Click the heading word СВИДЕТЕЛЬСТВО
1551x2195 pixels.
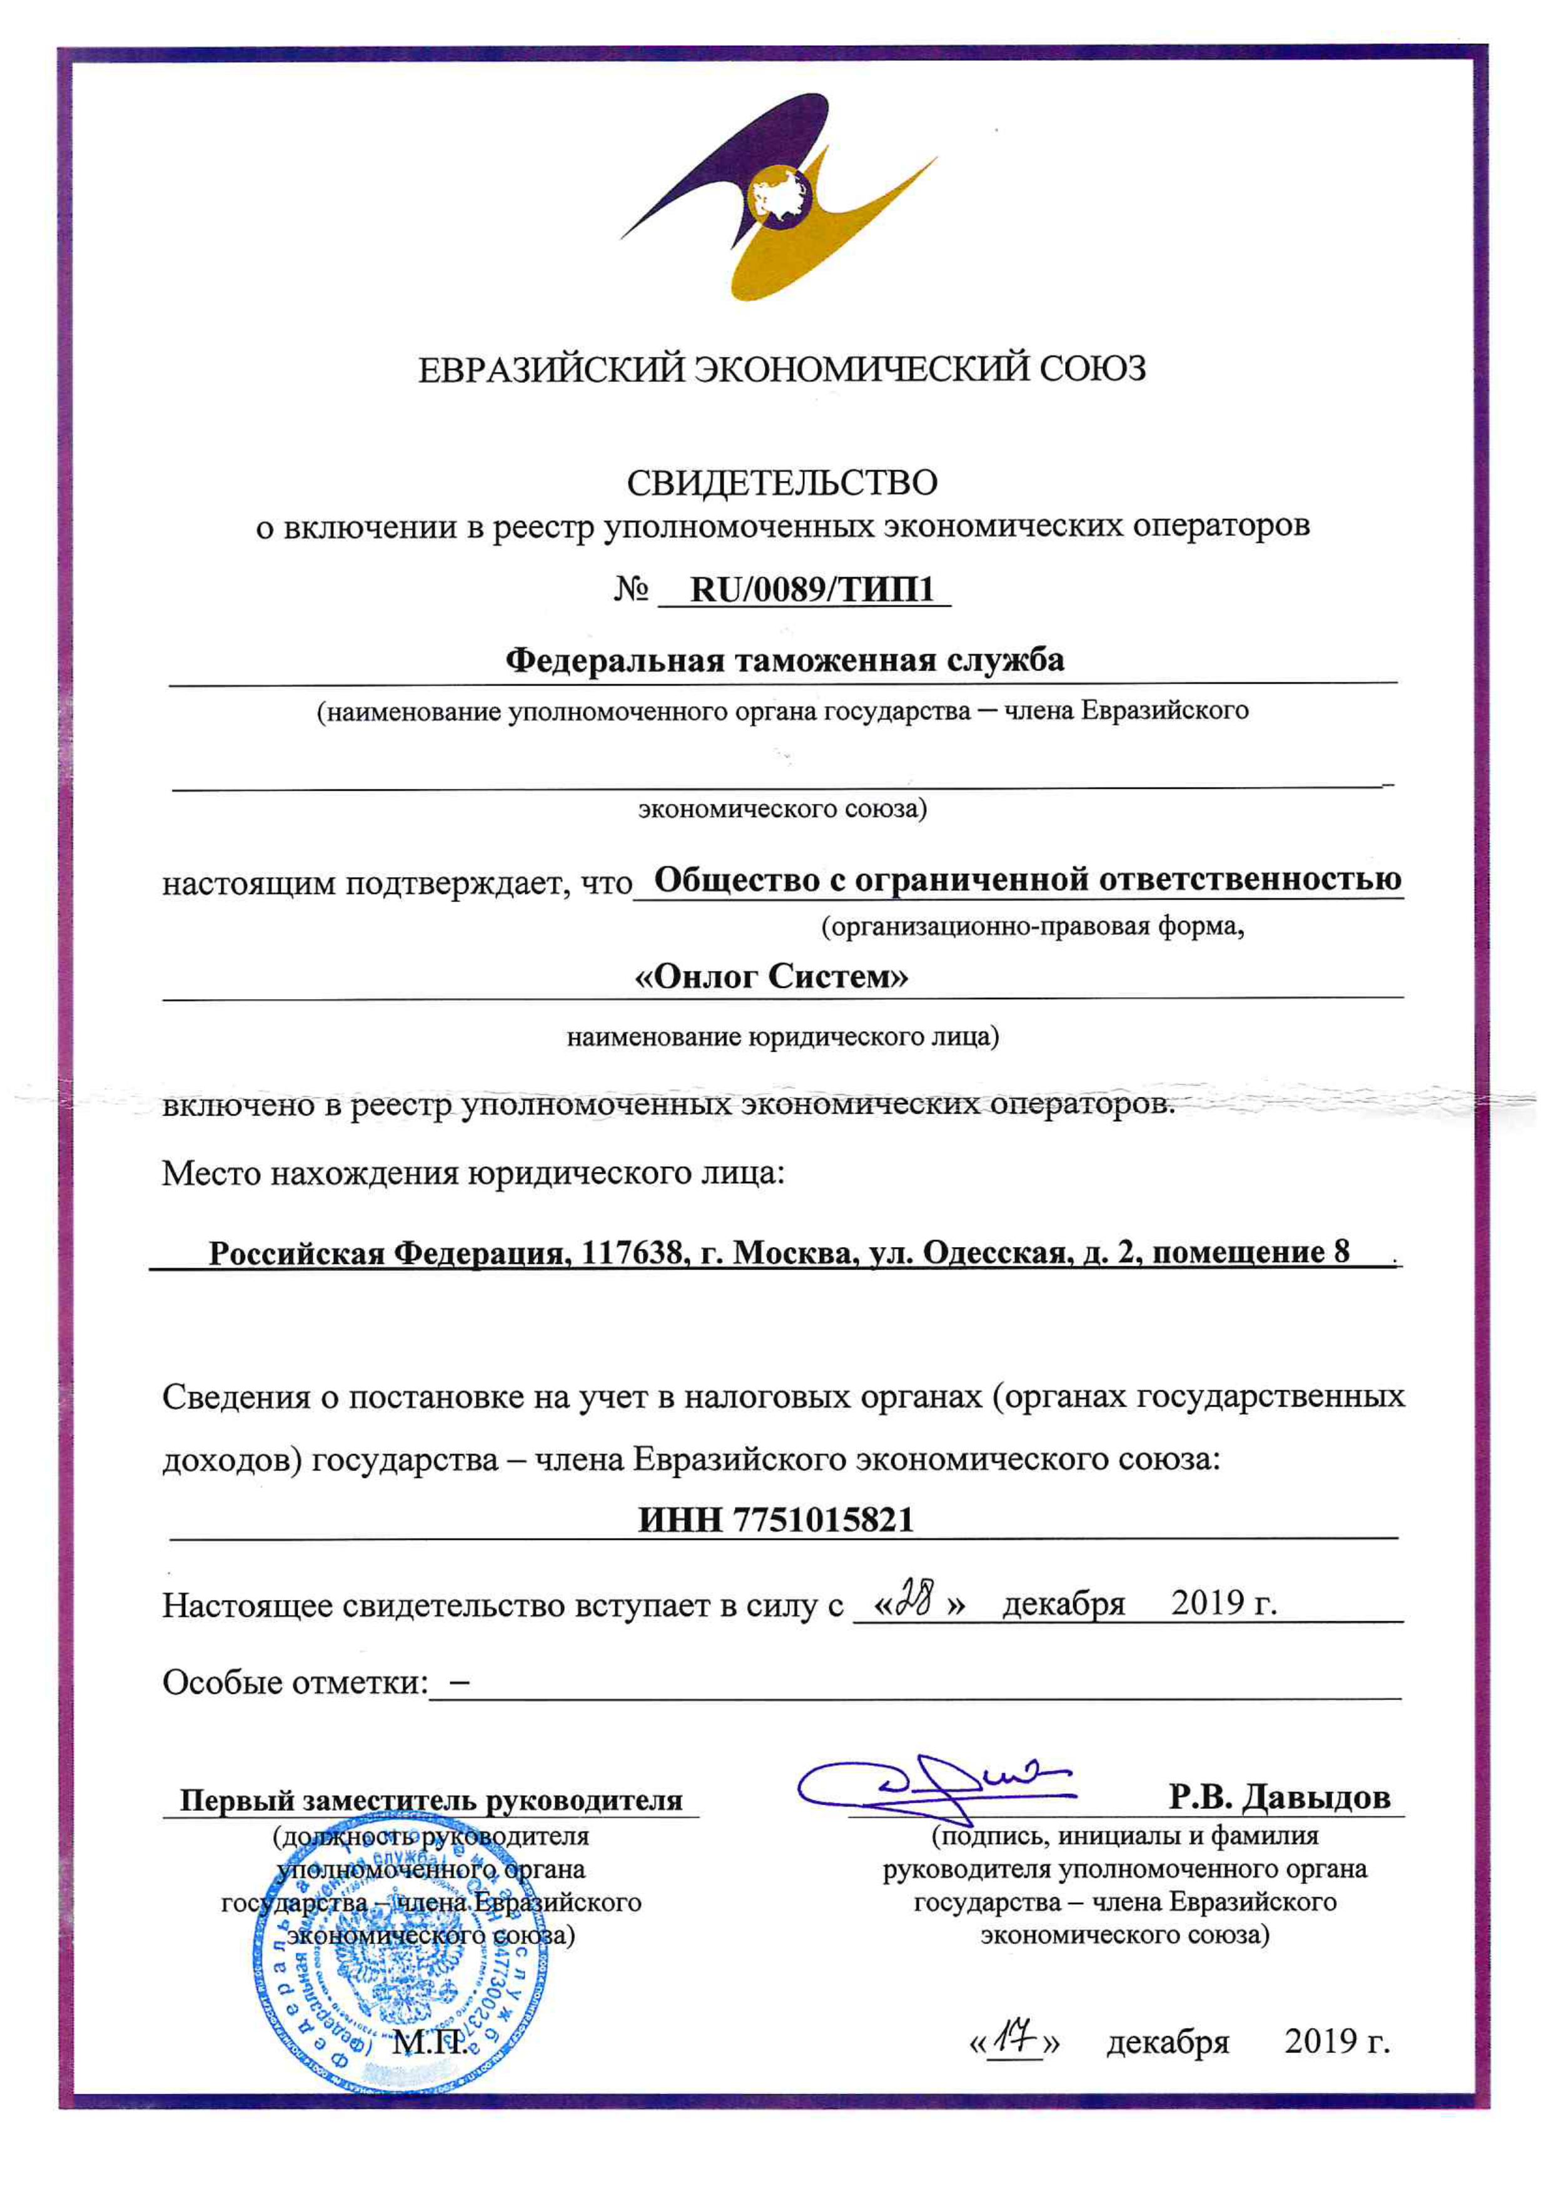point(782,483)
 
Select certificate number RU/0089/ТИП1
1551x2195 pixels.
point(811,590)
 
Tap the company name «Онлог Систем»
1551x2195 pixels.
point(772,977)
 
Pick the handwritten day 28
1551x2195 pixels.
point(914,1602)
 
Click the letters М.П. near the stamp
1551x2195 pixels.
point(430,2043)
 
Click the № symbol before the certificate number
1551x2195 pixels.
point(632,591)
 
